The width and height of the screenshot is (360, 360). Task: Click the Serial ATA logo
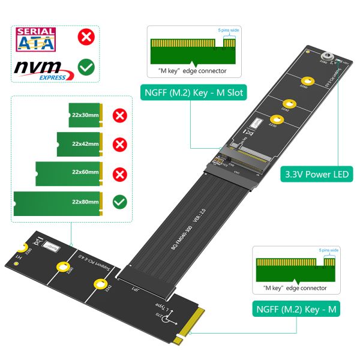pos(37,39)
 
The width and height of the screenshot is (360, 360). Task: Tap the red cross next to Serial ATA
pos(86,38)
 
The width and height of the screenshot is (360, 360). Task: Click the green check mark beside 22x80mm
pos(120,201)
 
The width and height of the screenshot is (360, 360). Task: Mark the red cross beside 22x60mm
pos(120,173)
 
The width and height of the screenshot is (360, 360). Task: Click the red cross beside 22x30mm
pos(120,115)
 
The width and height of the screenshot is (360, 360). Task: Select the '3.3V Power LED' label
pos(317,175)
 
